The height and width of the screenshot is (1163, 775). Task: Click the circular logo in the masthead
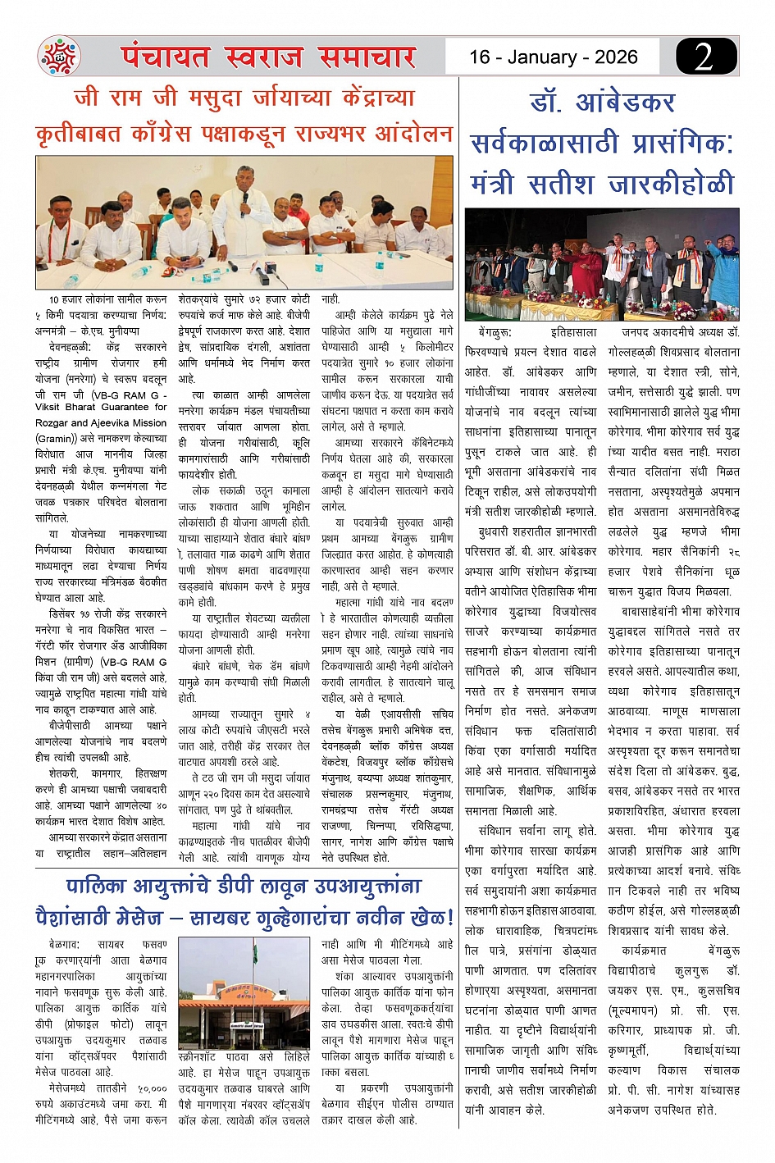click(59, 57)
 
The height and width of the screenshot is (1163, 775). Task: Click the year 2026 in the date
click(616, 57)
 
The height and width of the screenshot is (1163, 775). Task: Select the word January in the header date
click(542, 57)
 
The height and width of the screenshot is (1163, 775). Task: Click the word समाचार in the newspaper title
click(367, 57)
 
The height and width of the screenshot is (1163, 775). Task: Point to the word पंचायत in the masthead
click(166, 57)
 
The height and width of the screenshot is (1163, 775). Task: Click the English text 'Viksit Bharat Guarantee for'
click(101, 407)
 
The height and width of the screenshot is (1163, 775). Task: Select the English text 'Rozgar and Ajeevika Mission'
click(101, 422)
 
